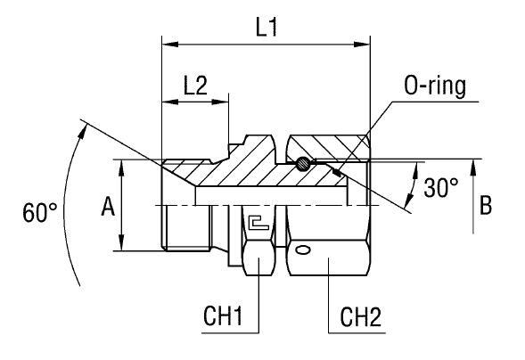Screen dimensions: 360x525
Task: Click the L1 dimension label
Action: click(x=266, y=27)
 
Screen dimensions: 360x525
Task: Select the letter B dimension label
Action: click(x=486, y=206)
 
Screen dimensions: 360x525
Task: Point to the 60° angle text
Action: click(x=40, y=213)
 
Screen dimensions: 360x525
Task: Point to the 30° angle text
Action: click(x=441, y=187)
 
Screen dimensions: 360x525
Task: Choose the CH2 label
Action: click(x=363, y=316)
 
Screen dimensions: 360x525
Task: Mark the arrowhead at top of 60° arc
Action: click(x=85, y=127)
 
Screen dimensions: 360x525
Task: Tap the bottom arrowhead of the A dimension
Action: click(x=121, y=246)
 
